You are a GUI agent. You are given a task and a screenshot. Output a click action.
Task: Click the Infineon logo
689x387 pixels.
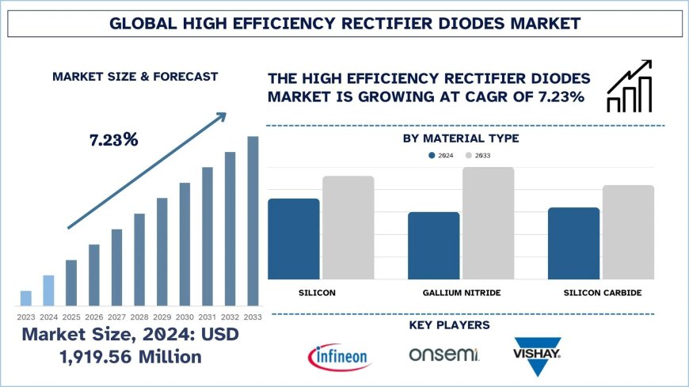pos(340,355)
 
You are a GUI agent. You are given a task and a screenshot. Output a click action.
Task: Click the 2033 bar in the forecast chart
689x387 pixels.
pos(253,221)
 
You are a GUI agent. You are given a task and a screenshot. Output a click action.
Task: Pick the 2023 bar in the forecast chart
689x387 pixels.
pos(26,298)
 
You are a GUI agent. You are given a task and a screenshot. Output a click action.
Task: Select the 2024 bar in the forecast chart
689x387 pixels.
pos(48,290)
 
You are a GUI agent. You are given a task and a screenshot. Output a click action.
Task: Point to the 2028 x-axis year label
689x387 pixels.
pos(139,317)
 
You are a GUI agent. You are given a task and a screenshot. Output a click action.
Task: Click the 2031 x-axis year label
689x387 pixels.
pos(207,317)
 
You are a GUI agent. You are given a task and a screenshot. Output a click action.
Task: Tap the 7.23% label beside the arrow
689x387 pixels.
pos(112,140)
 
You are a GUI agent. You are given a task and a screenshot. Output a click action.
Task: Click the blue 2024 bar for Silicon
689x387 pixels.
pos(294,238)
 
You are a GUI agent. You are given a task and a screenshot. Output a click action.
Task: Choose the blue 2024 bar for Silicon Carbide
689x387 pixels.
pos(573,243)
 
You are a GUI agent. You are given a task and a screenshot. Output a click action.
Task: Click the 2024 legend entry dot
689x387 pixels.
pos(432,156)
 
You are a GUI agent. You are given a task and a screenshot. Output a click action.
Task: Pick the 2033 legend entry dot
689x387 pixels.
pos(469,156)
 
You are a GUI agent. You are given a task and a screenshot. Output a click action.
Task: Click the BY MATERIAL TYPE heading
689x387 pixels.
pos(460,138)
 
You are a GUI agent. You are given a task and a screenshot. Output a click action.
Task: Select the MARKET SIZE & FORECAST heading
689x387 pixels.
pos(135,77)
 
